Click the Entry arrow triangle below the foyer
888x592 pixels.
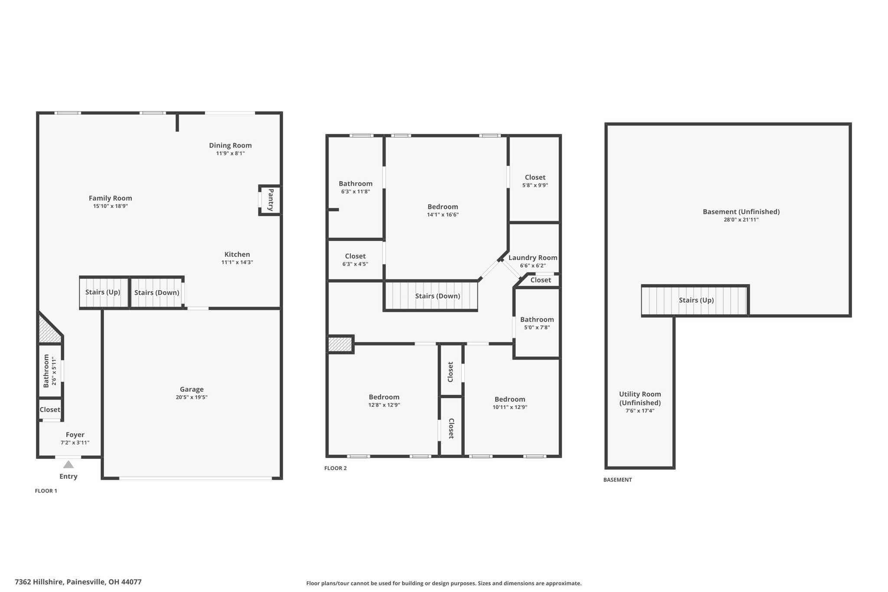pos(69,464)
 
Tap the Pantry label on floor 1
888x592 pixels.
pos(271,200)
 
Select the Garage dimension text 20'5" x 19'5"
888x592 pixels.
pos(192,397)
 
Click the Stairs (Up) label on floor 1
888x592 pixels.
pos(103,292)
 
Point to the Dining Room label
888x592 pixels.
pos(230,145)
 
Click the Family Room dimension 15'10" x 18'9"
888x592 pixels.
pos(111,206)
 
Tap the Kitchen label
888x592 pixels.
pos(237,255)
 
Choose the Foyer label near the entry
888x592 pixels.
pos(75,435)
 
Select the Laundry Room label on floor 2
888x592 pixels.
pos(533,258)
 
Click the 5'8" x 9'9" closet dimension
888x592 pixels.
pos(535,185)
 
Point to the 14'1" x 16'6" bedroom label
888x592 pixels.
pos(443,207)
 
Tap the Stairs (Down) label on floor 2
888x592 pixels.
pos(437,296)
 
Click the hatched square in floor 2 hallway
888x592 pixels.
pos(340,344)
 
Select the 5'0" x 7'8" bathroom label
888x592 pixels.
pos(537,320)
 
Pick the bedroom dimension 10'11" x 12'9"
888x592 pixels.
pos(510,407)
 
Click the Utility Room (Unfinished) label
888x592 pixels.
pos(640,398)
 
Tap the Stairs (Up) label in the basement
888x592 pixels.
pos(696,300)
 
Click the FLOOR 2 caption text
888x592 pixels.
pos(336,468)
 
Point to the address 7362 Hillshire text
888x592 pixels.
pos(78,582)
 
